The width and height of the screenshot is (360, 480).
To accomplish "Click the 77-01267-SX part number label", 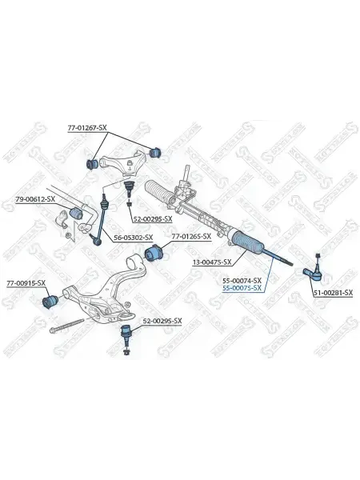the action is (87, 128).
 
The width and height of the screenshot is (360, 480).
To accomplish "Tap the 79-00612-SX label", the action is (35, 199).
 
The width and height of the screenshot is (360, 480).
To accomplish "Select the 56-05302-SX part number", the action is (133, 238).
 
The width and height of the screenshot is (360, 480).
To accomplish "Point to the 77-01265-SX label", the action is (191, 236).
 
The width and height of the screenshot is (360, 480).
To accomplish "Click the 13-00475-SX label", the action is (212, 262).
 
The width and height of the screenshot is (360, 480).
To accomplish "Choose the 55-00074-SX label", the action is (242, 281).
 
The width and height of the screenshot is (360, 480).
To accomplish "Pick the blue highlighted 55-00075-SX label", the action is (242, 288).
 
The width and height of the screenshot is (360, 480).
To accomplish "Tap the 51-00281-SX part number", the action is (333, 293).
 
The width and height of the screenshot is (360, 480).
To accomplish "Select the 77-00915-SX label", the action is (26, 283).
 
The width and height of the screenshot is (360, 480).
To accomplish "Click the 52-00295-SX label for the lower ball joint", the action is (162, 321).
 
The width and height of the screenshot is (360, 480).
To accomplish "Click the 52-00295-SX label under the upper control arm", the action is (153, 219).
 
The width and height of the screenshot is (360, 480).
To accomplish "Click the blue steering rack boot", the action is (248, 242).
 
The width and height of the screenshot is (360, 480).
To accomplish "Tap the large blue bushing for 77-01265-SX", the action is (154, 253).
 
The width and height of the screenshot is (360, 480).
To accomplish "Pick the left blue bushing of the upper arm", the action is (91, 164).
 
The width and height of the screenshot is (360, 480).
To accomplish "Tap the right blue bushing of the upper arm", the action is (156, 151).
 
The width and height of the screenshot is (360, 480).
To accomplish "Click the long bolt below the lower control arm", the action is (66, 326).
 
